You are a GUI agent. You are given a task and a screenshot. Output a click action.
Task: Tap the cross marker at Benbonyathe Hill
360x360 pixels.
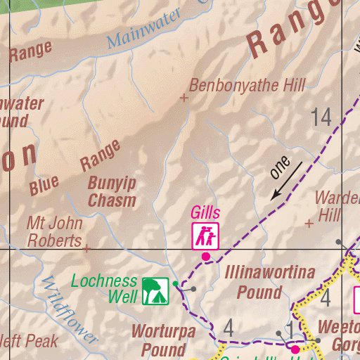coord(184,98)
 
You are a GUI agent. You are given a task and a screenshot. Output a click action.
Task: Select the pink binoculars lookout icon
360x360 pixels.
coord(205,236)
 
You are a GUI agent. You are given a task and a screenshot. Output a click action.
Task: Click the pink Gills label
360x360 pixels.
coord(205,213)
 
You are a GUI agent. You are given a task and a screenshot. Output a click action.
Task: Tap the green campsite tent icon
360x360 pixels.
coord(155,290)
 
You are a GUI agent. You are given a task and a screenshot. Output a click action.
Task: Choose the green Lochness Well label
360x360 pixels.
coord(104,289)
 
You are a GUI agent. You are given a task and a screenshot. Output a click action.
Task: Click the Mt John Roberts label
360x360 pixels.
coord(55,232)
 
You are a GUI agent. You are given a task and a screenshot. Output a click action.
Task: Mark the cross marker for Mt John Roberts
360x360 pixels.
coord(86,248)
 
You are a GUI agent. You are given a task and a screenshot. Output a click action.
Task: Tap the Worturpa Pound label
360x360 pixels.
coord(164,340)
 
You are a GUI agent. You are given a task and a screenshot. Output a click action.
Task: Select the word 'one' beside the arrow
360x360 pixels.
coord(279,166)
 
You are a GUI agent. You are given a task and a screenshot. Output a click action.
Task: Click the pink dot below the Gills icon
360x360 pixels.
coord(205,257)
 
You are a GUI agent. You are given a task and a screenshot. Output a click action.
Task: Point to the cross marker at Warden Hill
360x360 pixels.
coord(308,224)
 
